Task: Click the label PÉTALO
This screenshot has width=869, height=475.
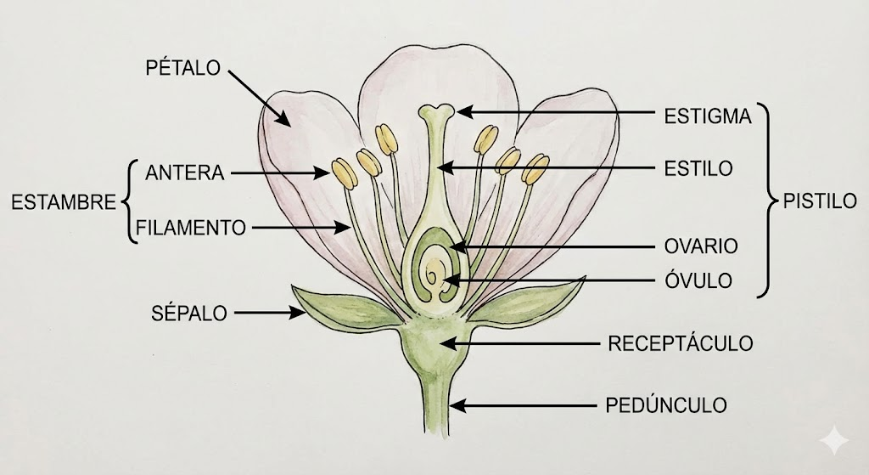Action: pos(183,69)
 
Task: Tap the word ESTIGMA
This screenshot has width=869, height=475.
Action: pos(709,116)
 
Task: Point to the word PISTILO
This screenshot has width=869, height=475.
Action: pos(820,202)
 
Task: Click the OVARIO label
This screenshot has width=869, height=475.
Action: pos(701,246)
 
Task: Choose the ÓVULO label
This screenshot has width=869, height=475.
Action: pos(698,280)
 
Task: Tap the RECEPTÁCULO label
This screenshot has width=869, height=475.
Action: pos(681,343)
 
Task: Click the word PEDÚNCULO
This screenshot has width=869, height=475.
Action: pos(666,404)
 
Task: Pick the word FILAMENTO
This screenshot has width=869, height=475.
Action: pos(191,228)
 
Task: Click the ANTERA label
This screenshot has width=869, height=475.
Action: pos(185,172)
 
